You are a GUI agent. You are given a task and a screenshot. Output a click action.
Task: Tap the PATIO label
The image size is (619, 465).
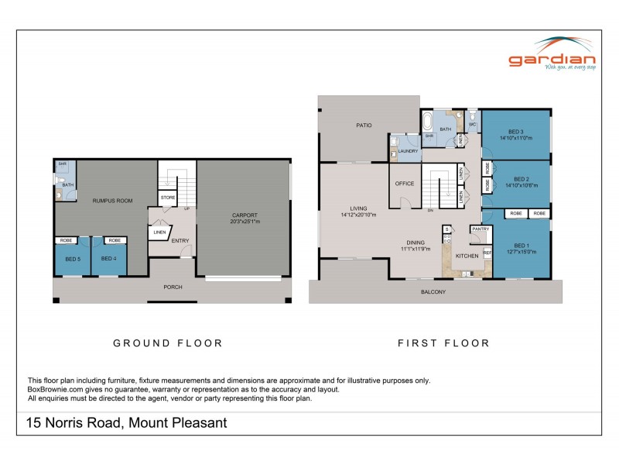(364, 124)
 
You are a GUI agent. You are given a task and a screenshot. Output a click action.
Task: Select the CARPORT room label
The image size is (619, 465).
(244, 215)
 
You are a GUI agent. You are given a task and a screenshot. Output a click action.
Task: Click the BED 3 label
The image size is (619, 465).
(517, 131)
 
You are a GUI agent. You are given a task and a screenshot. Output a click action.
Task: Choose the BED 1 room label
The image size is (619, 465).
(522, 245)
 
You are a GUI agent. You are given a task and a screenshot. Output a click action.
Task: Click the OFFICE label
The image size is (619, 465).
(405, 184)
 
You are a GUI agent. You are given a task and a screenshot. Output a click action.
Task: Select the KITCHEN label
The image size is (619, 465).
(467, 255)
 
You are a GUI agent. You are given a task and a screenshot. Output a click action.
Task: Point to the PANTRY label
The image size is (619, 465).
(480, 229)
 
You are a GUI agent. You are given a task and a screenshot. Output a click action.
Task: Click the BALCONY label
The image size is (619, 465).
(433, 292)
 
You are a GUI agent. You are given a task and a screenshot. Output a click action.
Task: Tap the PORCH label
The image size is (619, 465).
(173, 287)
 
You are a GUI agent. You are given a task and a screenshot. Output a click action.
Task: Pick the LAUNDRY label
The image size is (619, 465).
(408, 150)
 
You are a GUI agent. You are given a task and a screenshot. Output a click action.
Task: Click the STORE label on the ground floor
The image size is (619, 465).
(168, 198)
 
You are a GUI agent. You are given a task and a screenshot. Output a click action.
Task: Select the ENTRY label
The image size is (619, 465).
(180, 240)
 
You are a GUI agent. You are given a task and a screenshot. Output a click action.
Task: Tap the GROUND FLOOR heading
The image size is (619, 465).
(168, 343)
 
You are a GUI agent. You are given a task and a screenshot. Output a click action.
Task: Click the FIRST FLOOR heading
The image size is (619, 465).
(443, 343)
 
